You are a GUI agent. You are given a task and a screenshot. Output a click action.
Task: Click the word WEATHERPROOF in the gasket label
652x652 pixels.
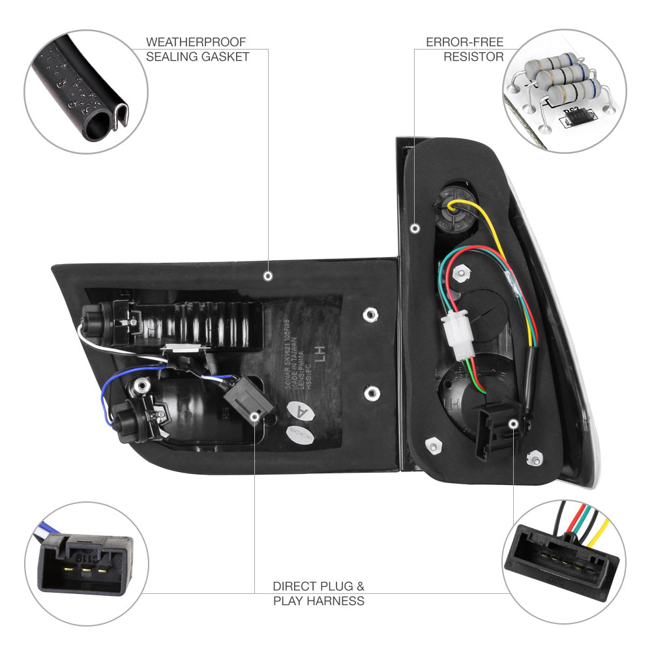[x=186, y=42]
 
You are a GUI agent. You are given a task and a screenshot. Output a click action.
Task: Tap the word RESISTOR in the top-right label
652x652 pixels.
[x=473, y=57]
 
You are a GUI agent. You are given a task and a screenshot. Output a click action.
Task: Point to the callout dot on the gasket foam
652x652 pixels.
[x=267, y=276]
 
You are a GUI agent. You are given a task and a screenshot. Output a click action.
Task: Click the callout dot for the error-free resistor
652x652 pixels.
[x=415, y=228]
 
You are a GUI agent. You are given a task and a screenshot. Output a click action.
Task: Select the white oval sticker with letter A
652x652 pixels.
[x=300, y=411]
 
